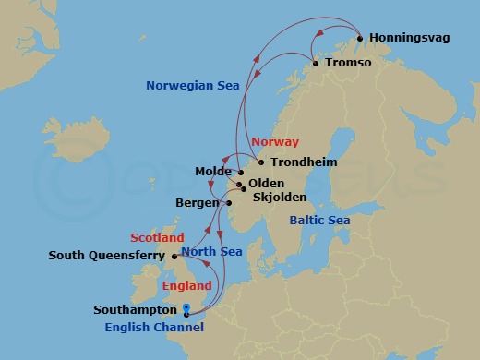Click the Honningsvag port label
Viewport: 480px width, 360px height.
[412, 39]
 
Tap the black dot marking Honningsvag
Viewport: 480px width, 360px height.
[359, 39]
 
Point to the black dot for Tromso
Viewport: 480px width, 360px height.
[316, 64]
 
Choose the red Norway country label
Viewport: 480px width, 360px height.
[275, 142]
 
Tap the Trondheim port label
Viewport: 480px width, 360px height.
[303, 162]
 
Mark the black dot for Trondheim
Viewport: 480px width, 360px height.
[261, 162]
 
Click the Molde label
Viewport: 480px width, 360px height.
[214, 172]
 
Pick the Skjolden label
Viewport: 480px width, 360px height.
[279, 197]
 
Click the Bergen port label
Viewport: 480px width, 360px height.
[197, 203]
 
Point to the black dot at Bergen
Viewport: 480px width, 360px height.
[227, 203]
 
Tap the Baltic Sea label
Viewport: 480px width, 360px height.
[319, 221]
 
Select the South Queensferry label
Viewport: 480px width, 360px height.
[107, 256]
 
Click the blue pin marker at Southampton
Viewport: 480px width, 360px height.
[186, 309]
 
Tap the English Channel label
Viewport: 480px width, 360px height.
[154, 327]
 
